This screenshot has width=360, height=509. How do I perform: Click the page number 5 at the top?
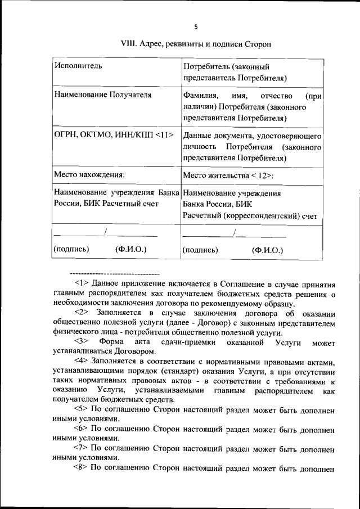[x=196, y=26]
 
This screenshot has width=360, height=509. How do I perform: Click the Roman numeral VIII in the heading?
[x=129, y=43]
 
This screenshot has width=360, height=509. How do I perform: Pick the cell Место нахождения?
[x=89, y=175]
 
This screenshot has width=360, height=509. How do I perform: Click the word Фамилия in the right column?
[x=200, y=94]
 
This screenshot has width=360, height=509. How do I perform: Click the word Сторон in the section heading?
[x=259, y=43]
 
